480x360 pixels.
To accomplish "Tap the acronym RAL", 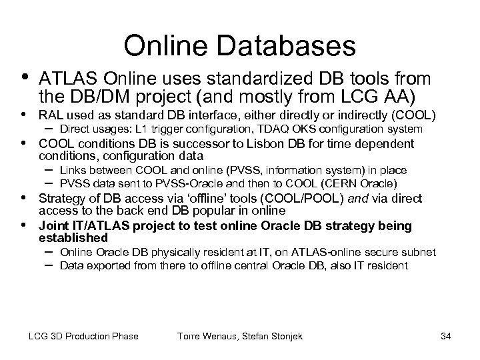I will [x=52, y=114].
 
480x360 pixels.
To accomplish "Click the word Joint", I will [x=54, y=226].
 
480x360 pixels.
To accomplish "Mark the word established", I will [x=73, y=237].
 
